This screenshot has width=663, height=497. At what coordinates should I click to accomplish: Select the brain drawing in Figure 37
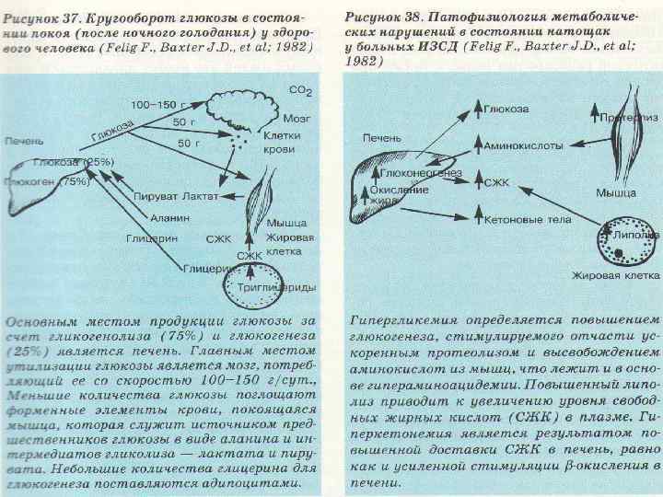pyautogui.click(x=242, y=103)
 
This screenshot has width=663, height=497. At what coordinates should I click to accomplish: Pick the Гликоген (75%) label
pyautogui.click(x=46, y=181)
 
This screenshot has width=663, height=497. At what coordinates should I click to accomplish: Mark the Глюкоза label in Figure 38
pyautogui.click(x=505, y=109)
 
